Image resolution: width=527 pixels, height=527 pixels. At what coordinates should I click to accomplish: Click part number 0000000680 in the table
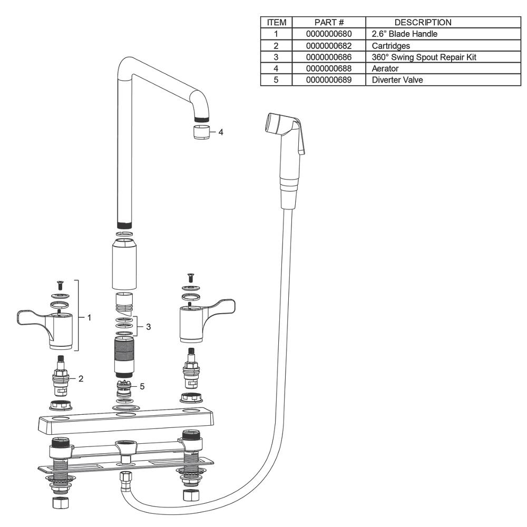329,34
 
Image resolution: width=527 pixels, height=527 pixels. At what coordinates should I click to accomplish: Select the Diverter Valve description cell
397,80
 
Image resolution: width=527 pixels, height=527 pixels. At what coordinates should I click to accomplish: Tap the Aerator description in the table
385,69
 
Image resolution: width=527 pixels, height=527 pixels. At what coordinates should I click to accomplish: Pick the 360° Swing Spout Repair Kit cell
424,57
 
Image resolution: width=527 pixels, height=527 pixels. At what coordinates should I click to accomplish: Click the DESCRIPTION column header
423,23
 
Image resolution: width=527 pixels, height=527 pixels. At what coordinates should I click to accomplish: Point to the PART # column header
329,23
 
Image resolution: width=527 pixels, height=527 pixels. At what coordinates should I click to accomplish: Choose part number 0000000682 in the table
329,46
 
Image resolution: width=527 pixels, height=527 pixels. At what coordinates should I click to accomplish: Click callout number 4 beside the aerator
220,132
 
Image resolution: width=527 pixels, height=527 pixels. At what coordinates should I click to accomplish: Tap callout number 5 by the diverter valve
142,386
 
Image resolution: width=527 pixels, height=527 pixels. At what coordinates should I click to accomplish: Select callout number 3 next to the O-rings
148,327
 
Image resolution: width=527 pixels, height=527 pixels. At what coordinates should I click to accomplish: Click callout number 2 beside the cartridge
81,379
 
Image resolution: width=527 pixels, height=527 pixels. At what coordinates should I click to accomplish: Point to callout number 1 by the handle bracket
89,318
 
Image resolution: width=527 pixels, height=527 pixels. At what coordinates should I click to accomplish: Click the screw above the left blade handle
61,285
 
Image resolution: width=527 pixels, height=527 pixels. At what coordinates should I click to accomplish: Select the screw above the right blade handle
191,278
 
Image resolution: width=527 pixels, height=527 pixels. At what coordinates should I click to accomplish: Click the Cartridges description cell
391,46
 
